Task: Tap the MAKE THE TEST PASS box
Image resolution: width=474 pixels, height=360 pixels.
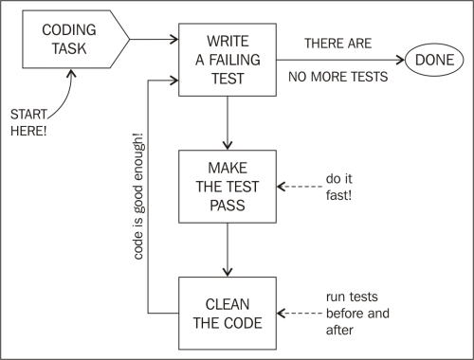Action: click(x=228, y=185)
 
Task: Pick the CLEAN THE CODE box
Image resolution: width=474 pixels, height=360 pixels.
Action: click(x=228, y=310)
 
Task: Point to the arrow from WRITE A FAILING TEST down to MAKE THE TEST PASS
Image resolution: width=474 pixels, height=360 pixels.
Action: click(x=228, y=121)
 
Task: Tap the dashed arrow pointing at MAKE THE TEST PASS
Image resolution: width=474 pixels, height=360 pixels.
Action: click(x=298, y=185)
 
